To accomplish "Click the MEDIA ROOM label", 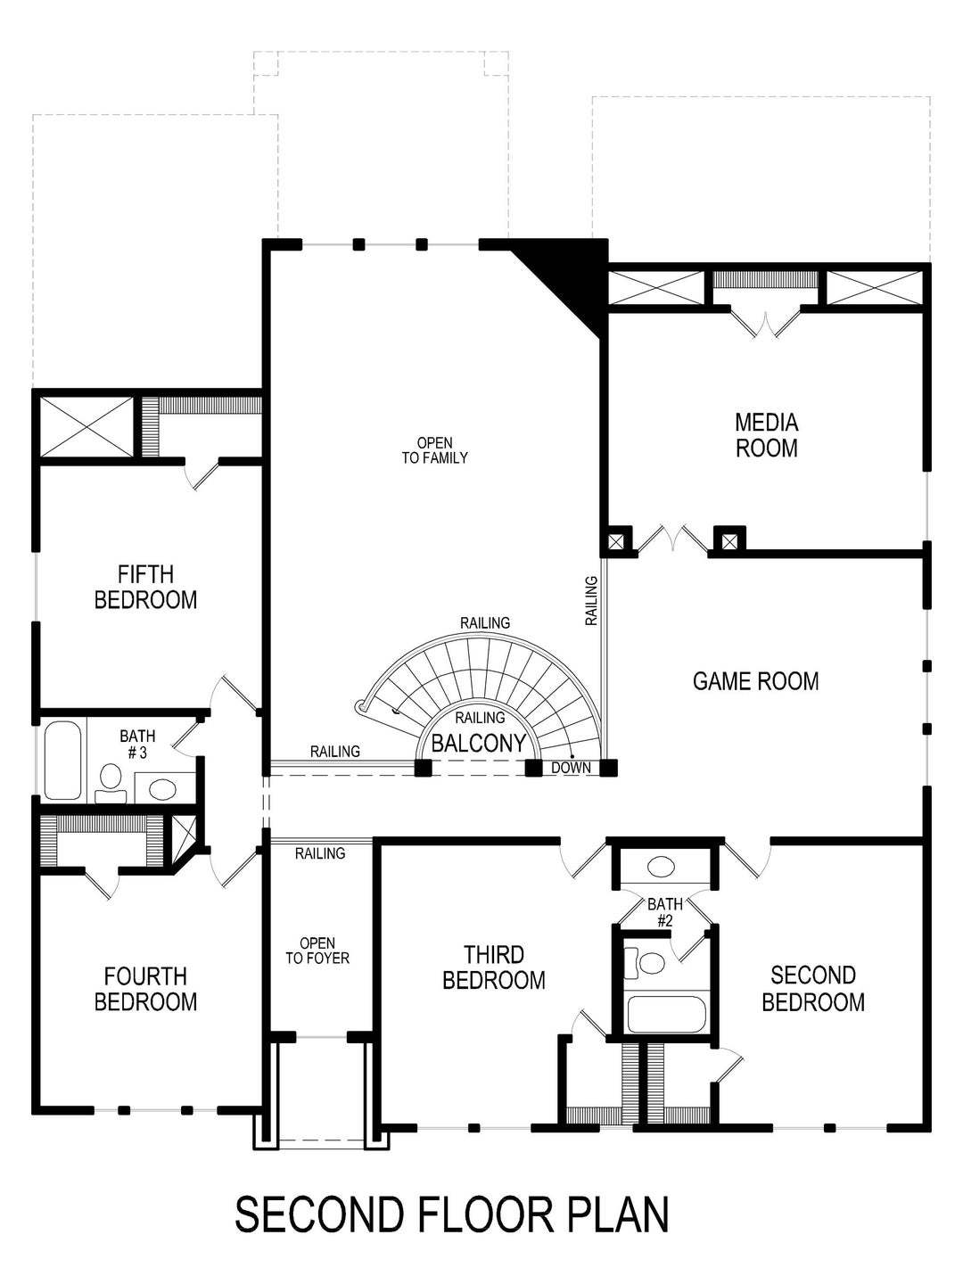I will pyautogui.click(x=766, y=434).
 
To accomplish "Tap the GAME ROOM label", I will pyautogui.click(x=755, y=681).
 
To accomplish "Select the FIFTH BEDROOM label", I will pyautogui.click(x=145, y=587).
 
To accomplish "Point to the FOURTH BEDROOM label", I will pyautogui.click(x=145, y=989).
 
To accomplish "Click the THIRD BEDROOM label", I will pyautogui.click(x=493, y=967).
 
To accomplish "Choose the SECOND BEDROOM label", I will pyautogui.click(x=813, y=989).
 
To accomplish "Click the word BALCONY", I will pyautogui.click(x=478, y=744).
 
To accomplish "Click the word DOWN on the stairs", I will pyautogui.click(x=571, y=768).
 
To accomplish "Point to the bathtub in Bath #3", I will pyautogui.click(x=62, y=760).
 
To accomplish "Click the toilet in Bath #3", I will pyautogui.click(x=111, y=781).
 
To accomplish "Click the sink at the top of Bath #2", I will pyautogui.click(x=661, y=866).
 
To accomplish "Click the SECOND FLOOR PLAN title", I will pyautogui.click(x=451, y=1214).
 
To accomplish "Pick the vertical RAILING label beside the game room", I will pyautogui.click(x=591, y=600).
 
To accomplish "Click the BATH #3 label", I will pyautogui.click(x=137, y=744).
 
